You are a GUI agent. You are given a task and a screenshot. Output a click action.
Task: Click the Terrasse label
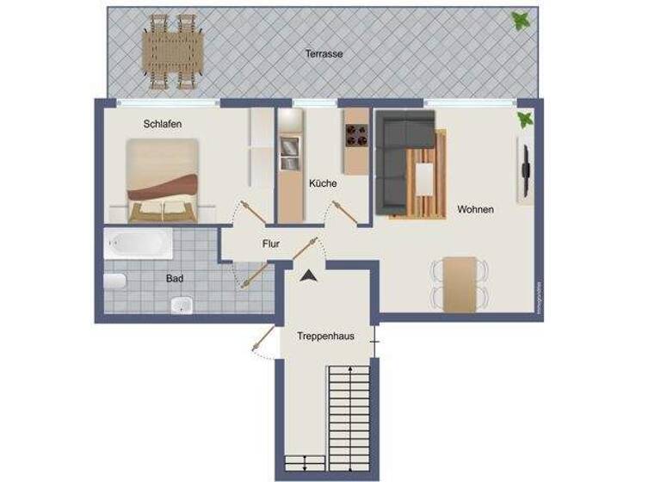click(324, 53)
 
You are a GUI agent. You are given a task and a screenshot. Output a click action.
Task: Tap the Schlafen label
click(163, 124)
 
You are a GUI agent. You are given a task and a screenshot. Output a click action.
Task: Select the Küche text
click(323, 183)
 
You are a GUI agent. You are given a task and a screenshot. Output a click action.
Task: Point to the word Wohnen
click(475, 209)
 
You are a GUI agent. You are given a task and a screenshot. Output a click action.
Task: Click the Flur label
click(271, 244)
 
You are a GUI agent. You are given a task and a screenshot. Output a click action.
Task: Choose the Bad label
click(175, 278)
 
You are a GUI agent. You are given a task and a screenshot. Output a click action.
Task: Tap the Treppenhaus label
click(325, 336)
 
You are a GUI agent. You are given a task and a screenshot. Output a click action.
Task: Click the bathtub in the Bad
click(139, 244)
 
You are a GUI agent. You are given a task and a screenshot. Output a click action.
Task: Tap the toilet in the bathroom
click(115, 281)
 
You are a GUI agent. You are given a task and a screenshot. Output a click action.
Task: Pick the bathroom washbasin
click(181, 304)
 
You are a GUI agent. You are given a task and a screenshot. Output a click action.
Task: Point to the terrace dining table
click(173, 51)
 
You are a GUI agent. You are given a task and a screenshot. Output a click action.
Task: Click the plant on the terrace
click(520, 20)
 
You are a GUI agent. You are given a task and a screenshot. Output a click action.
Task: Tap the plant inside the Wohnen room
click(523, 120)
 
